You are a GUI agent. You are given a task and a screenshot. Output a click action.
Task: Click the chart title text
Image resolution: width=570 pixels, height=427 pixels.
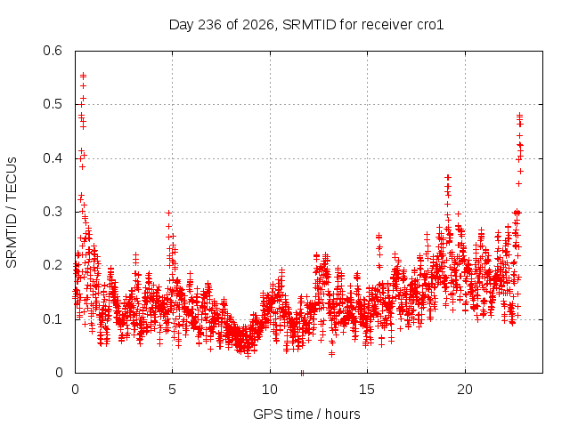pos(306,25)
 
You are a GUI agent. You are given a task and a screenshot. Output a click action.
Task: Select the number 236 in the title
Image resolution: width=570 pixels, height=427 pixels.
pos(209,25)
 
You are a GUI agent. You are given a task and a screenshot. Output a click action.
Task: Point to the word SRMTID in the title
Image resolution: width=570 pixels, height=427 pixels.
pos(309,25)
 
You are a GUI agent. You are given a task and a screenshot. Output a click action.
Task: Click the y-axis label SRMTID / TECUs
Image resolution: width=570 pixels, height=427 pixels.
pos(12,213)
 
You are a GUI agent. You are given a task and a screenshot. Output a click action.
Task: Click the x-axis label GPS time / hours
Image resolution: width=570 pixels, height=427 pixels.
pos(306,414)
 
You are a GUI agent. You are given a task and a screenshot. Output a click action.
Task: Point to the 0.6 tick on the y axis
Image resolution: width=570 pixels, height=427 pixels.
pos(53,51)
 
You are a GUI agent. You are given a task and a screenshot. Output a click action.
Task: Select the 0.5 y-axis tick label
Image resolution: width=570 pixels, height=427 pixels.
pos(53,104)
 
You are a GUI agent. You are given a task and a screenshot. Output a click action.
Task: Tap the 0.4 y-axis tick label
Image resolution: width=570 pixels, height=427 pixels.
pos(53,158)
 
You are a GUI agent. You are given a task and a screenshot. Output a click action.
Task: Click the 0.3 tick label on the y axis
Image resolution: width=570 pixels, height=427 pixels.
pos(53,212)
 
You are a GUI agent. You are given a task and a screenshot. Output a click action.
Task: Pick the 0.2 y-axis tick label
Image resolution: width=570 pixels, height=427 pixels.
pos(53,265)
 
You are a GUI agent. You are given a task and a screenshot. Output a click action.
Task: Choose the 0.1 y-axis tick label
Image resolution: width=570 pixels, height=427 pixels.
pos(53,319)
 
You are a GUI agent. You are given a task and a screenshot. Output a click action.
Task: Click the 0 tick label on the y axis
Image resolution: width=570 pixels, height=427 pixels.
pos(59,373)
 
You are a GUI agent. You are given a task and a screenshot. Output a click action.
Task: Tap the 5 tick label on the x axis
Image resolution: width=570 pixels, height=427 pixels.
pos(172,390)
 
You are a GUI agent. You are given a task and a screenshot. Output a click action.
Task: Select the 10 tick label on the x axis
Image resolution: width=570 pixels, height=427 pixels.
pos(269,390)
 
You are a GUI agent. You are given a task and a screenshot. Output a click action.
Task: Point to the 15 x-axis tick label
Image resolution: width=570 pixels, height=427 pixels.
pos(367,390)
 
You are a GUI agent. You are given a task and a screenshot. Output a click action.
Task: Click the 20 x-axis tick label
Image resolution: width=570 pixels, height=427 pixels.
pos(465,390)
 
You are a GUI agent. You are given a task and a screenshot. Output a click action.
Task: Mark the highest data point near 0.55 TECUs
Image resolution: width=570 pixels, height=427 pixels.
pos(83,76)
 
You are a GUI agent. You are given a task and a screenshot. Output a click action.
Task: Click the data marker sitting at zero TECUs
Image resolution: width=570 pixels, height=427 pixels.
pos(302,372)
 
